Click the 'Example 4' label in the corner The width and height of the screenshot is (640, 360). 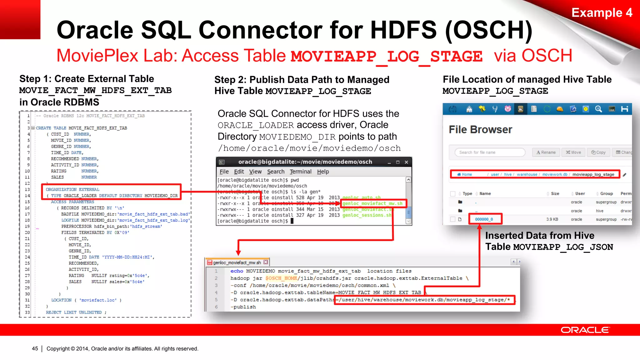[602, 13]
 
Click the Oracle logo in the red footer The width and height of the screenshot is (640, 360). [585, 330]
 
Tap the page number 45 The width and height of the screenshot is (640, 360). [35, 348]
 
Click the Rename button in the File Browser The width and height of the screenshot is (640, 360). [546, 152]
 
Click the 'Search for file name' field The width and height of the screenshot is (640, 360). [489, 152]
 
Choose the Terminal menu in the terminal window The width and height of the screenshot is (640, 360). [300, 172]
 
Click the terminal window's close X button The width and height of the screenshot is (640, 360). [406, 162]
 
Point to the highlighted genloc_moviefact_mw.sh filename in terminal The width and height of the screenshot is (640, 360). [372, 203]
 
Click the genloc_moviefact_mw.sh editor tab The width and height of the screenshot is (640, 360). [237, 262]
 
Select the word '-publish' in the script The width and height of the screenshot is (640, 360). [243, 307]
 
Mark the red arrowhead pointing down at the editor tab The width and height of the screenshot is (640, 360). [238, 252]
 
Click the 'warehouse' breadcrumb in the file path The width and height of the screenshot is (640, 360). [527, 174]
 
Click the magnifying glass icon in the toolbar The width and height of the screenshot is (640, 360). [598, 109]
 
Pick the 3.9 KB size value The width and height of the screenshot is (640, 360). [552, 219]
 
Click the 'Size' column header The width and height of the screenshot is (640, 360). [555, 193]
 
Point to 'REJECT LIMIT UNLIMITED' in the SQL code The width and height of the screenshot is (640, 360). [74, 312]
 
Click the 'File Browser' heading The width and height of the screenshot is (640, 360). [480, 129]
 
